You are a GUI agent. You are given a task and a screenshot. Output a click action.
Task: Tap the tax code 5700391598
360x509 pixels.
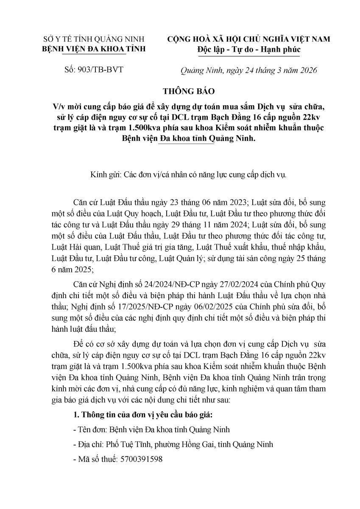click(142, 459)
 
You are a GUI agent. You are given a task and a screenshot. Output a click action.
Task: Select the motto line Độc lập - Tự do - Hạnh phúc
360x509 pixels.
click(249, 49)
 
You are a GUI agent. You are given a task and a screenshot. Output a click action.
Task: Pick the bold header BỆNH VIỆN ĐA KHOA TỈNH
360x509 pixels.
click(95, 49)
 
